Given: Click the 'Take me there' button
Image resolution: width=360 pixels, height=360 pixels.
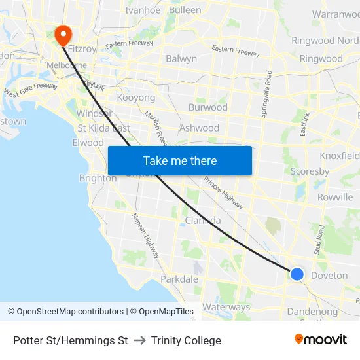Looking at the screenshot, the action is pyautogui.click(x=179, y=160).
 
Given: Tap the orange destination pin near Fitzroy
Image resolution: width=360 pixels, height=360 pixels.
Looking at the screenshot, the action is pyautogui.click(x=63, y=35).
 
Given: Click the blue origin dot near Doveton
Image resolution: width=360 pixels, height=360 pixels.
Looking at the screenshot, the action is pyautogui.click(x=297, y=274).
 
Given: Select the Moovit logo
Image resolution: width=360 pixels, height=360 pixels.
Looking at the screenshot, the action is pyautogui.click(x=321, y=340).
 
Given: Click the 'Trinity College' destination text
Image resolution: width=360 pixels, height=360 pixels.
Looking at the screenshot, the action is pyautogui.click(x=186, y=340).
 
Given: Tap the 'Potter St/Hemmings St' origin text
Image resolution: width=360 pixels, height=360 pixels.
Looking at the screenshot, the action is pyautogui.click(x=70, y=340).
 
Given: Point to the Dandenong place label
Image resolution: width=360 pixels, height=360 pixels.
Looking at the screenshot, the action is pyautogui.click(x=312, y=312).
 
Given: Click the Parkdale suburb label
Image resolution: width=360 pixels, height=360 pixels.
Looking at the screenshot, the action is pyautogui.click(x=179, y=279).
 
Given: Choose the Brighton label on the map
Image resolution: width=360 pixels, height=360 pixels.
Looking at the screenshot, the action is pyautogui.click(x=98, y=178).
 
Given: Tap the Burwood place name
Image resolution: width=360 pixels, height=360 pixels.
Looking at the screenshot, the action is pyautogui.click(x=207, y=107).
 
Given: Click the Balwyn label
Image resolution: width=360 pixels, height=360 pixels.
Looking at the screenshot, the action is pyautogui.click(x=181, y=58).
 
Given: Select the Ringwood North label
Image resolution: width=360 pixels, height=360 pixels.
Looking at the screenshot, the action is pyautogui.click(x=325, y=41).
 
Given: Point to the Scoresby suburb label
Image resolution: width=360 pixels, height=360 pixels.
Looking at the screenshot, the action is pyautogui.click(x=310, y=171).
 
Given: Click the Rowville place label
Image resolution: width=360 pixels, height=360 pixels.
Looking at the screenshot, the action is pyautogui.click(x=334, y=197).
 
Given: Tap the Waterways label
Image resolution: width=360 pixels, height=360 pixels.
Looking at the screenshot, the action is pyautogui.click(x=226, y=307).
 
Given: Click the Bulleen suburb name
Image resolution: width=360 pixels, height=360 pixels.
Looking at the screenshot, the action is pyautogui.click(x=185, y=10).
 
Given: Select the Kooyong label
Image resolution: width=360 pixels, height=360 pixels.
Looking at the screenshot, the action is pyautogui.click(x=135, y=98).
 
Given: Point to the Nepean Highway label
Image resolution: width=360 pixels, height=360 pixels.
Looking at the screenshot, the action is pyautogui.click(x=147, y=236).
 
